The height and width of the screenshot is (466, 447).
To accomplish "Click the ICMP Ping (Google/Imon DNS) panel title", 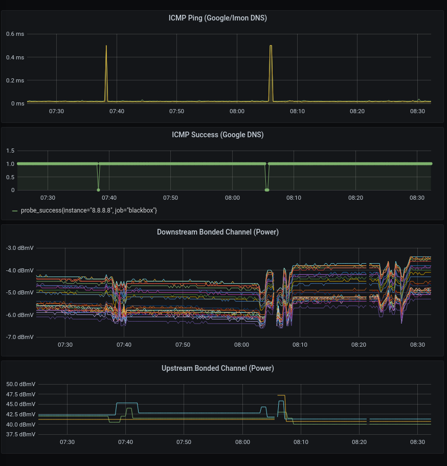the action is (217, 18).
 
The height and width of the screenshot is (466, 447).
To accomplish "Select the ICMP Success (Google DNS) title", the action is (217, 135).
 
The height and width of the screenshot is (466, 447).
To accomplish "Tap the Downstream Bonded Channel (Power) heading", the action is (217, 232).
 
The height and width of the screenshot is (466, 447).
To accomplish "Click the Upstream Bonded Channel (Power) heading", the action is (217, 368).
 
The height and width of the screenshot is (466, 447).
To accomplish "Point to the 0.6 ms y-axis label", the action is (15, 34).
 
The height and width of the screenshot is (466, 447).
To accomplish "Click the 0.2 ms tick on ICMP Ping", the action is (15, 80).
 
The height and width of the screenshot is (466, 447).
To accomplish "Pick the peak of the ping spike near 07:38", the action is (106, 46).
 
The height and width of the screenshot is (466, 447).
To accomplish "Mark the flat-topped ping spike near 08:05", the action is (271, 46).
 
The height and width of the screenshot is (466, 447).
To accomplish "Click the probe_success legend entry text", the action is (89, 210).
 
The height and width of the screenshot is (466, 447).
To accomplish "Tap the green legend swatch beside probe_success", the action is (15, 210).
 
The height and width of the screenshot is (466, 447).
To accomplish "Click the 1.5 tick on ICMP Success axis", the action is (10, 151).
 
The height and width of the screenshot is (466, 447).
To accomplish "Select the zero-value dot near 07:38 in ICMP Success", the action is (99, 190).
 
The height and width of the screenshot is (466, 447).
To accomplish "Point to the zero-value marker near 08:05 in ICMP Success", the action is (267, 190).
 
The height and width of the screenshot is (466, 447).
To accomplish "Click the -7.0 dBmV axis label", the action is (19, 337).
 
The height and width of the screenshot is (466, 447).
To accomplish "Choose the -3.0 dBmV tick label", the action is (19, 248).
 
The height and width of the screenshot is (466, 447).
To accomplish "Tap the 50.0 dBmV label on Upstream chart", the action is (21, 384).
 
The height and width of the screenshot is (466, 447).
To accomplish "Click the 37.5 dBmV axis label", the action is (21, 434).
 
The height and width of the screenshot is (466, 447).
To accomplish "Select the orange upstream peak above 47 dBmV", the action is (281, 395).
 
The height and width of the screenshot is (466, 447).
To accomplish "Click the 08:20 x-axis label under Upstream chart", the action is (359, 442).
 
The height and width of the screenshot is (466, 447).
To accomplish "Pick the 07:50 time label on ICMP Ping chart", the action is (176, 112).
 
